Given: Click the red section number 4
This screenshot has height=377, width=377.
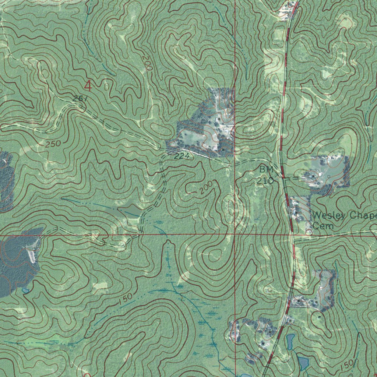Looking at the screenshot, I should [x=88, y=86].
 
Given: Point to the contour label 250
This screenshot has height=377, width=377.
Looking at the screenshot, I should [x=53, y=144].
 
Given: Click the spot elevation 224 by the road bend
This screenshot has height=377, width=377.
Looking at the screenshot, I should [x=182, y=156].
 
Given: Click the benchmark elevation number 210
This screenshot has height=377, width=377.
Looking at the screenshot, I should [x=266, y=181].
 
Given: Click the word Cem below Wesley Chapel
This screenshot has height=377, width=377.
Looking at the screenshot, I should [x=324, y=226].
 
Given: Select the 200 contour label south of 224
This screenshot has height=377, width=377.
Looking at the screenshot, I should [x=207, y=188].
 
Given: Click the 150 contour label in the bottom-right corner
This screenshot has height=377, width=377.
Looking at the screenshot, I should [x=346, y=365].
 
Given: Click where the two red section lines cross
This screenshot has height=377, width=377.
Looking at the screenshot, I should [x=235, y=234].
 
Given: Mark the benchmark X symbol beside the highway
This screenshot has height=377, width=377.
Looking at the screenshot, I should [x=282, y=177].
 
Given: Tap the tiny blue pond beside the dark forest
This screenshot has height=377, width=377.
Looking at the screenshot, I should [x=25, y=290].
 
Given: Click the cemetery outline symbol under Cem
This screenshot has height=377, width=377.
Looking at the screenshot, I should [x=309, y=232].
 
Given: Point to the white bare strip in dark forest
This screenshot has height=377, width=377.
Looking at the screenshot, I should [x=33, y=254].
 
